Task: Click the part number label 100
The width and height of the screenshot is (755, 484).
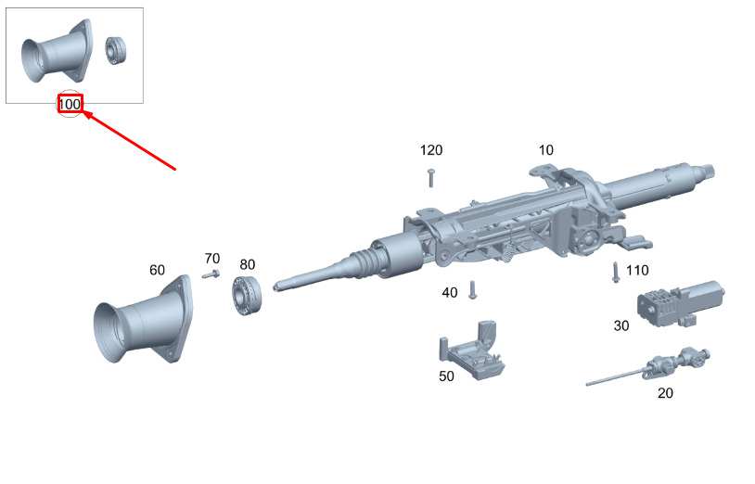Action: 70,105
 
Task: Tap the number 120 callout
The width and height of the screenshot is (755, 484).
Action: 431,150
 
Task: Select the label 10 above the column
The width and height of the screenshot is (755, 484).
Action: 546,150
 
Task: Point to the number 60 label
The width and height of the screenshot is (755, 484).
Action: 157,270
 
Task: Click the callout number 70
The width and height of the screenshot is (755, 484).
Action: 212,259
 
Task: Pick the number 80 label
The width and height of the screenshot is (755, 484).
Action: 247,264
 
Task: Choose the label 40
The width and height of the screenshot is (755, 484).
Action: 450,292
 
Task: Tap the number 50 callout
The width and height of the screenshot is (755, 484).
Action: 446,376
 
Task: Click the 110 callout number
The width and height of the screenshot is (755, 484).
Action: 637,271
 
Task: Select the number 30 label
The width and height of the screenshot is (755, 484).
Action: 621,325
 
